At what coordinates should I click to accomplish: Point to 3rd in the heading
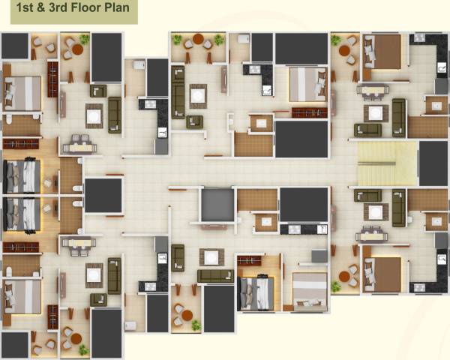[x=53, y=10]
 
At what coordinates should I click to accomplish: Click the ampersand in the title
[x=37, y=10]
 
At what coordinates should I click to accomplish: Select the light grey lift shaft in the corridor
[x=217, y=204]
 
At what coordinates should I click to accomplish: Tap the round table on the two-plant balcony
[x=198, y=40]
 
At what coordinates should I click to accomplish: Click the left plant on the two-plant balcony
[x=177, y=39]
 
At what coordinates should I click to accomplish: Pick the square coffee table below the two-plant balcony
[x=198, y=95]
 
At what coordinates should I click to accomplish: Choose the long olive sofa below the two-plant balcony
[x=178, y=91]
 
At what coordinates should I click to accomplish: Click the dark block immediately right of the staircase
[x=433, y=163]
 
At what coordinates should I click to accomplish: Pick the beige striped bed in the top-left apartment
[x=22, y=94]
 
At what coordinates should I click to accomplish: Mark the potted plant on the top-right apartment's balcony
[x=334, y=40]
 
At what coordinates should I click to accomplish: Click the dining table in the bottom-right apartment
[x=372, y=235]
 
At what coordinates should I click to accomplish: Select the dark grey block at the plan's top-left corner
[x=14, y=46]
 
